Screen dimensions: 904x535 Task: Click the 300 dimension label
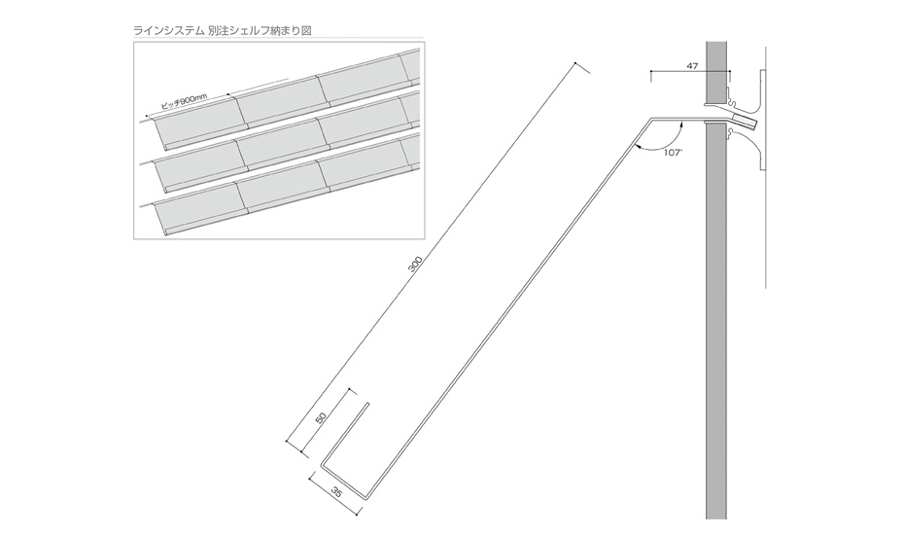[416, 265]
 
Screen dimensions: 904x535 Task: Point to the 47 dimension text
[692, 66]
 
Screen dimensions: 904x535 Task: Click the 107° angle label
[672, 153]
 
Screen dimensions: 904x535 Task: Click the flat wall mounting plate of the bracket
[762, 121]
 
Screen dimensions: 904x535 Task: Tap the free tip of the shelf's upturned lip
[366, 404]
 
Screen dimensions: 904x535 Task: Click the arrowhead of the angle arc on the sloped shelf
[638, 148]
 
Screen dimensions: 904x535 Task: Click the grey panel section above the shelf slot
[716, 72]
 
